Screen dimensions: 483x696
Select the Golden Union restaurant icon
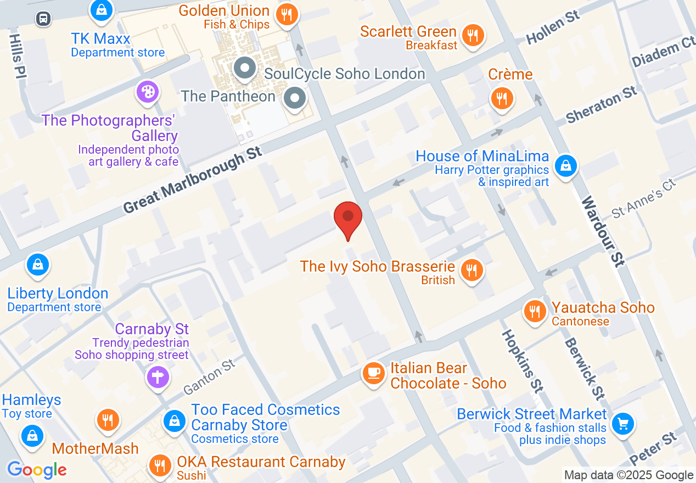click(x=287, y=14)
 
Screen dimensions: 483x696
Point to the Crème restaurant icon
click(x=502, y=98)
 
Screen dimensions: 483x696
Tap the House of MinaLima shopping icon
click(x=565, y=165)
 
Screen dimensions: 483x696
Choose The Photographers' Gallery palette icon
click(x=148, y=92)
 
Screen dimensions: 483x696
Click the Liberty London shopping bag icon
click(x=38, y=265)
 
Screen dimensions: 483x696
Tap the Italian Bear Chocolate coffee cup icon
click(x=374, y=373)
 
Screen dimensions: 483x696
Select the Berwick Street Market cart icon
click(x=623, y=423)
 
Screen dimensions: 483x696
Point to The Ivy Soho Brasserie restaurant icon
click(x=471, y=270)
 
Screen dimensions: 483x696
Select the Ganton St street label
click(x=209, y=377)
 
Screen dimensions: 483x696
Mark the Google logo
click(x=37, y=470)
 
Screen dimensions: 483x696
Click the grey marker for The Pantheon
click(x=295, y=98)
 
